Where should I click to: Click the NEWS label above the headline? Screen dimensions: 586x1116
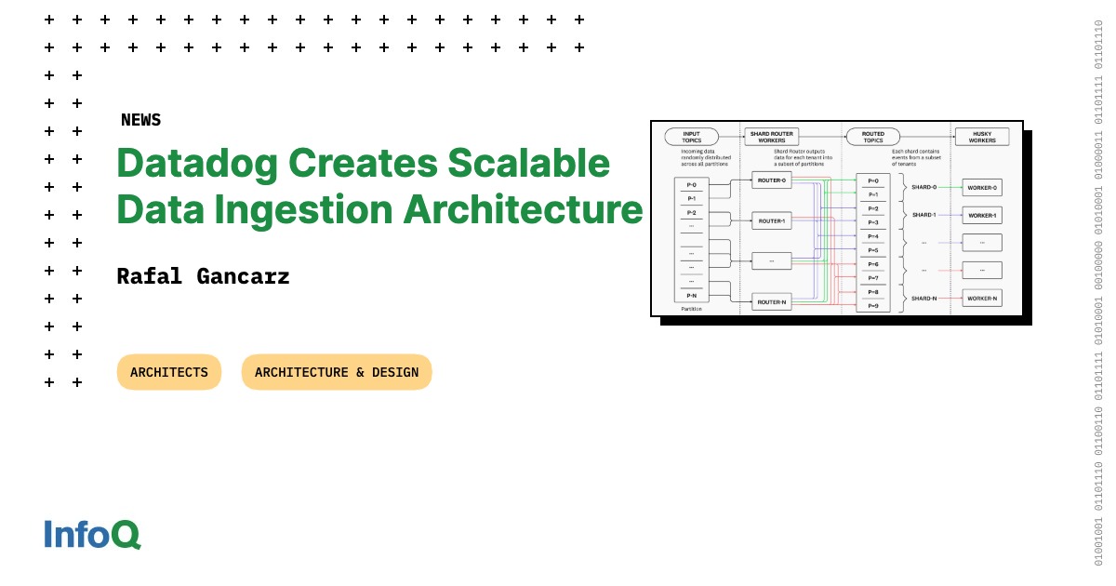(x=140, y=120)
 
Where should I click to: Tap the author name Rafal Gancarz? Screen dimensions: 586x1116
(x=203, y=276)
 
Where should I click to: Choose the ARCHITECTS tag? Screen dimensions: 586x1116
(x=169, y=372)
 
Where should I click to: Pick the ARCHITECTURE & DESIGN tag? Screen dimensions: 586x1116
(x=337, y=372)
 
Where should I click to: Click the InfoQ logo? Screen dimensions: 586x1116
(x=92, y=534)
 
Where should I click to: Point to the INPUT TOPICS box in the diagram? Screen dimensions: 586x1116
(x=691, y=137)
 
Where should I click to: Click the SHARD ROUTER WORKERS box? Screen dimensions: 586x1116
(x=773, y=137)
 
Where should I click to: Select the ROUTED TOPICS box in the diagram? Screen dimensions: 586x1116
(x=872, y=137)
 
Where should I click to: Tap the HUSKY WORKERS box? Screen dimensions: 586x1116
(x=982, y=137)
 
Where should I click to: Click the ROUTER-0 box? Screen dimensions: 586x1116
(x=771, y=180)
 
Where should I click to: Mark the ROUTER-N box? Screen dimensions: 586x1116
(x=771, y=301)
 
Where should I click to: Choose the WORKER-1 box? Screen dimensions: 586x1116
(x=981, y=215)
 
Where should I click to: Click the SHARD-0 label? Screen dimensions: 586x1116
(x=923, y=187)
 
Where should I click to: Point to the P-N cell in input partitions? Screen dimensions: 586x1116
(x=691, y=295)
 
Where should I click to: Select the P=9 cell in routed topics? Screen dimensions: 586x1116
(x=872, y=305)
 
